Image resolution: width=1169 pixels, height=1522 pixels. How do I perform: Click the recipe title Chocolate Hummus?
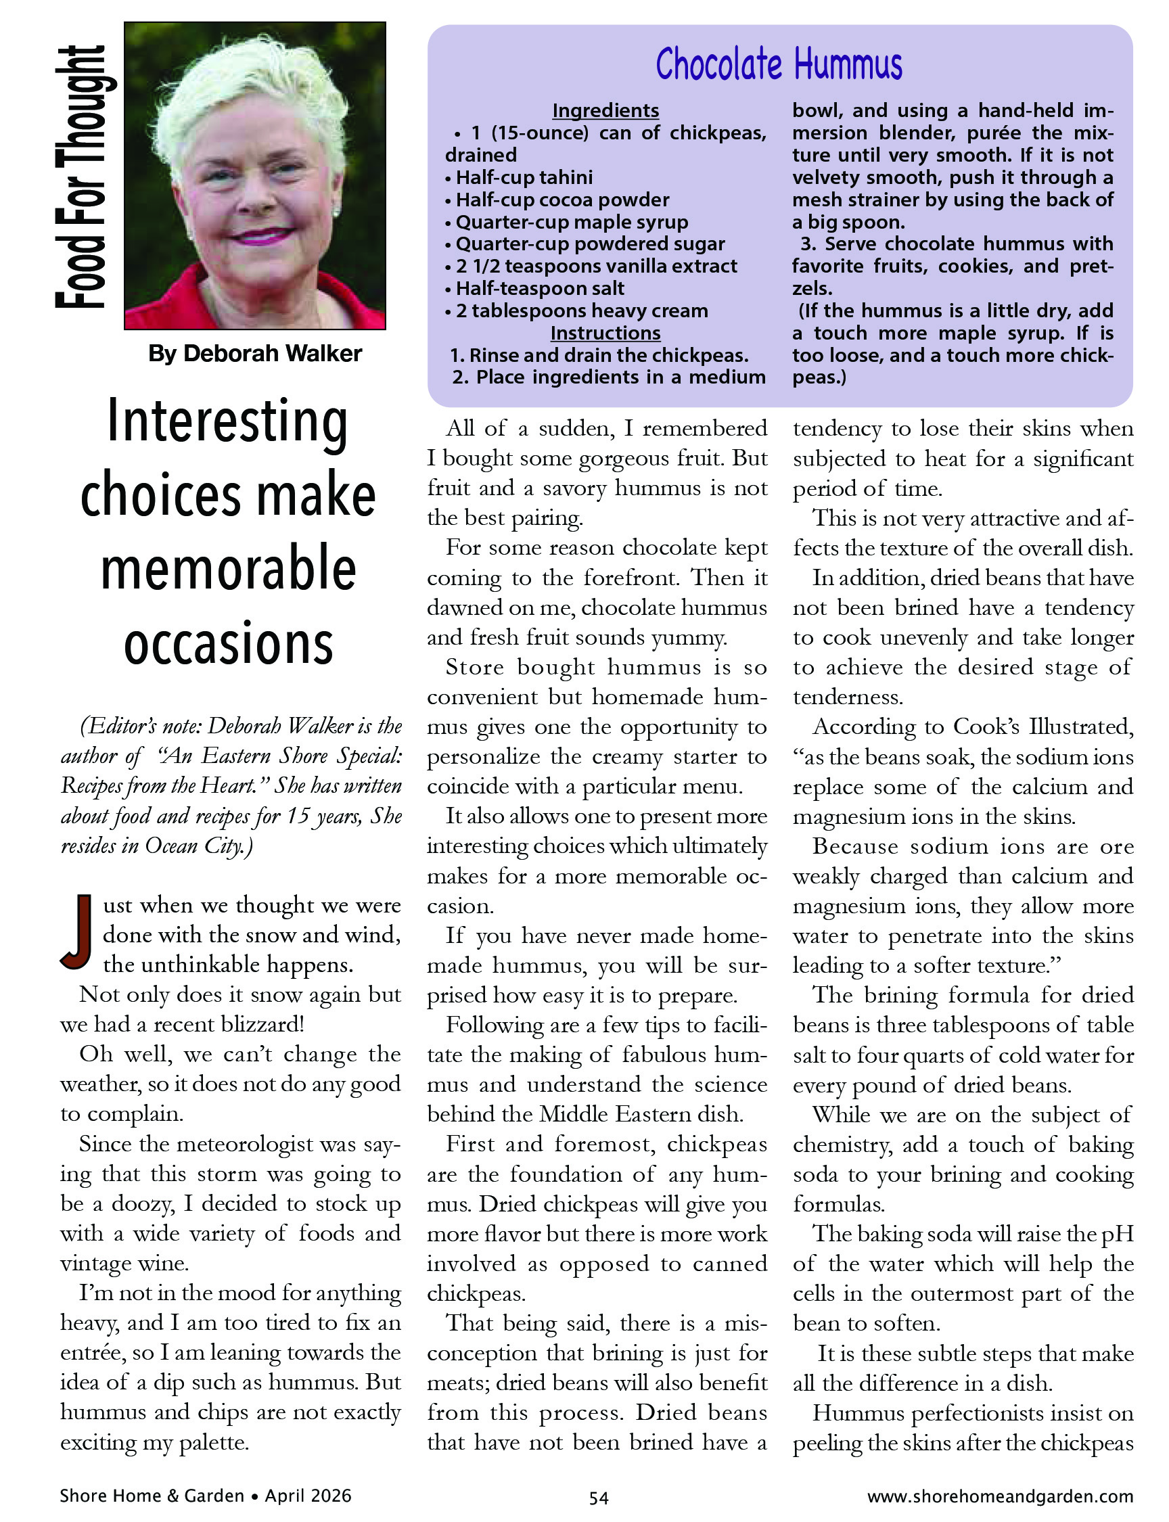click(x=779, y=65)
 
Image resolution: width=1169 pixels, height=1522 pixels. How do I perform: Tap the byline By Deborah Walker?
click(x=254, y=353)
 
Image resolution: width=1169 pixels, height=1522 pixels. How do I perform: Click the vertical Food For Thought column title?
click(x=81, y=177)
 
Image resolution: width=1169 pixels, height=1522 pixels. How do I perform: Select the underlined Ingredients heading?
click(x=605, y=111)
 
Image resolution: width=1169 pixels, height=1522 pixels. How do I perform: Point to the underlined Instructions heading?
click(x=605, y=333)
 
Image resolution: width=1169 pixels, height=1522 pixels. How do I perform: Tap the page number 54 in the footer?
click(x=599, y=1498)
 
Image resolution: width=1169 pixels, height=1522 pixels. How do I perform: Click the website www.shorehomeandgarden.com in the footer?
click(x=1000, y=1496)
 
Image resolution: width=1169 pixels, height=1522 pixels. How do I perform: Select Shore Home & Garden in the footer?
click(x=152, y=1496)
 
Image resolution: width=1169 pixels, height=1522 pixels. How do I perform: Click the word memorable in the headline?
click(x=228, y=569)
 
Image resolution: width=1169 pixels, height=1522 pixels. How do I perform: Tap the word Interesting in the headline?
click(x=227, y=422)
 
